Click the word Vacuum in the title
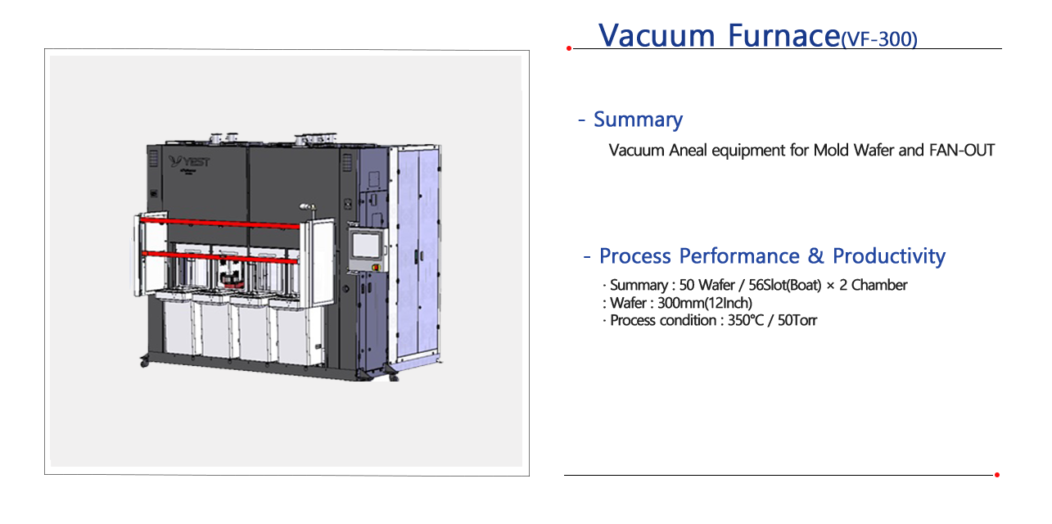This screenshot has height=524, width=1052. point(656,36)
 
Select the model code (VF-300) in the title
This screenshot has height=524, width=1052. point(878,39)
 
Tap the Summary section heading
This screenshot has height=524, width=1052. point(638,120)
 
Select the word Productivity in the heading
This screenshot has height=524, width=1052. point(889,256)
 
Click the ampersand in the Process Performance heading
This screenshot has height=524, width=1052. point(815,256)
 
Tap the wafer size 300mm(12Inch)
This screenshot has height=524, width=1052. point(704,303)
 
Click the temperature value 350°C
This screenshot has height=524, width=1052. point(746,320)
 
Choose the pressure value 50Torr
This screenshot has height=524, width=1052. point(797,320)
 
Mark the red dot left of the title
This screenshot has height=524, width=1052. point(569,48)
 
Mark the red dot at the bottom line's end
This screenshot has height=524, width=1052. point(996,475)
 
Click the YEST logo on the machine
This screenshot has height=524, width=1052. point(189,161)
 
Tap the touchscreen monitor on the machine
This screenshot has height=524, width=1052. point(365,245)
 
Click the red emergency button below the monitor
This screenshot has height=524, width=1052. point(375,268)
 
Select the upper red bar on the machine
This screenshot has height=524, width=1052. point(219,223)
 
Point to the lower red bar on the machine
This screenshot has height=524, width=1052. point(219,257)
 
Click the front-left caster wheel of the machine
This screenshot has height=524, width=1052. point(144,363)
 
